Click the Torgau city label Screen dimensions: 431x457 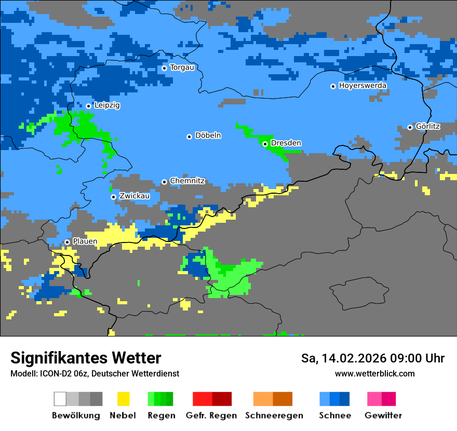(182, 68)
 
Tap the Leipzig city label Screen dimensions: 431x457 (107, 105)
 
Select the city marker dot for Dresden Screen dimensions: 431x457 (265, 144)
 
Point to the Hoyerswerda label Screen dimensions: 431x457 (362, 86)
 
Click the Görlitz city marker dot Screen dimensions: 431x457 (410, 127)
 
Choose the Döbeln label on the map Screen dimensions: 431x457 (208, 136)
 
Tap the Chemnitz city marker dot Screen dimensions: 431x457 (164, 182)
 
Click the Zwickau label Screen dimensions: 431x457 (135, 196)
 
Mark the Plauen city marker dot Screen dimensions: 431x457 (67, 242)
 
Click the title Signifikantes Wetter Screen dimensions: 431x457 (86, 358)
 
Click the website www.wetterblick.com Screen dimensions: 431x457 (374, 374)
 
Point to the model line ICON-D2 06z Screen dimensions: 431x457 (95, 374)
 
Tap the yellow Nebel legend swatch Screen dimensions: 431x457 (123, 399)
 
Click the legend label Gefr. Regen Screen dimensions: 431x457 (211, 415)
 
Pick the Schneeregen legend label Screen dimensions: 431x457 (274, 415)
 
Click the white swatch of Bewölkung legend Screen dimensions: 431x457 (60, 399)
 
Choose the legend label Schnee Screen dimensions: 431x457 (335, 415)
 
